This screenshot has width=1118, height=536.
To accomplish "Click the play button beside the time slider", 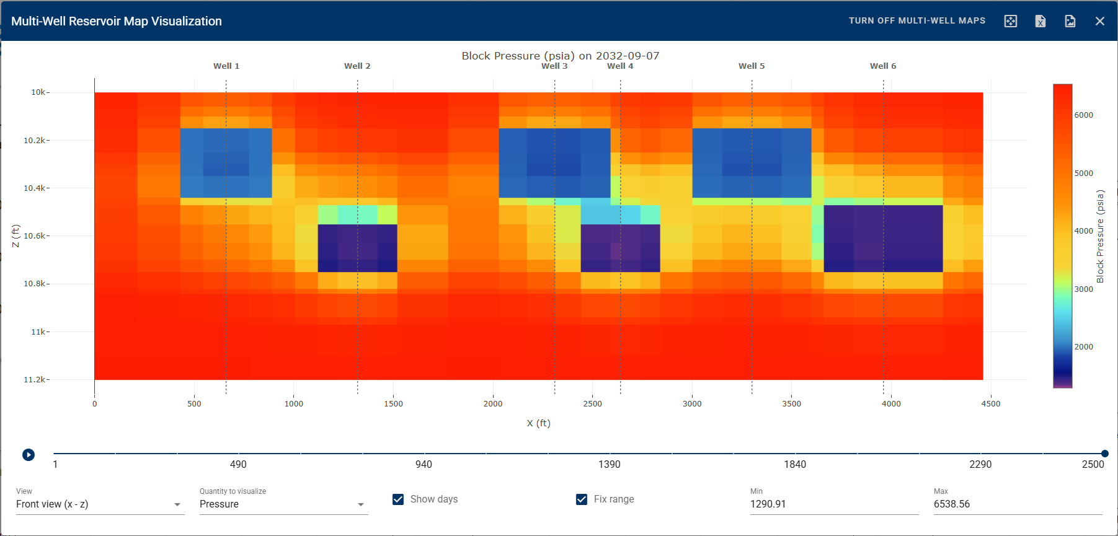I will [x=29, y=455].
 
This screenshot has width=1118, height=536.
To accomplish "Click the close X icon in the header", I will [x=1100, y=21].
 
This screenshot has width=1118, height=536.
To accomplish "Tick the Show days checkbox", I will [x=398, y=499].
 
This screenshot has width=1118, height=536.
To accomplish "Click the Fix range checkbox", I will [x=582, y=499].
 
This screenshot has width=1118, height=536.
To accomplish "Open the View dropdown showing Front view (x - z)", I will [x=99, y=504].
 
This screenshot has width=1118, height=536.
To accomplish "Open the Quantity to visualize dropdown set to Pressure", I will [x=283, y=504].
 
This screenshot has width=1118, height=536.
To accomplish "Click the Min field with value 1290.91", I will [x=833, y=504].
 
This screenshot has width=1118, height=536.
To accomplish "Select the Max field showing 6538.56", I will [x=1017, y=504].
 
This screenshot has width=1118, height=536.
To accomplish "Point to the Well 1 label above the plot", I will [x=226, y=66].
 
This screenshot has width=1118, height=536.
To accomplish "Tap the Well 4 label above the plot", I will [x=620, y=66].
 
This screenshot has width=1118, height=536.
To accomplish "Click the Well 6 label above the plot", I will [x=883, y=66].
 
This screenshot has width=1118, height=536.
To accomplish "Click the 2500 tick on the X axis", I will [x=592, y=404].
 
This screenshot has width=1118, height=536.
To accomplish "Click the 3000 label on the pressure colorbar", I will [x=1083, y=289].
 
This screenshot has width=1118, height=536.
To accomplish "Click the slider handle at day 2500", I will [x=1104, y=454].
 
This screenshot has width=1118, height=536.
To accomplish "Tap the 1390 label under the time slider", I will [x=609, y=465].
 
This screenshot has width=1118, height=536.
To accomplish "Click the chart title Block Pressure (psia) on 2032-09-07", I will [x=560, y=56].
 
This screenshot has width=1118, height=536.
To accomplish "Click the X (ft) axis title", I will [x=538, y=423].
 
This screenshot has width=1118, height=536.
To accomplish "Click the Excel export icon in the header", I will [x=1040, y=21].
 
